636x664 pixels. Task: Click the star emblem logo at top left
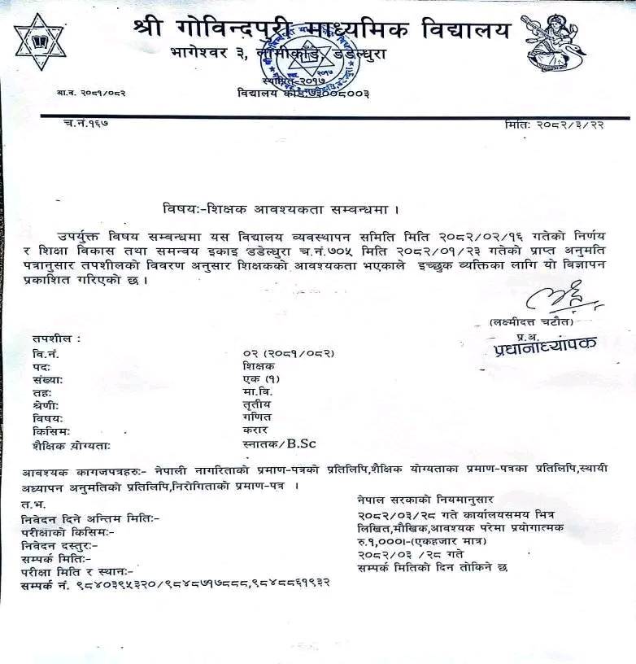tap(39, 41)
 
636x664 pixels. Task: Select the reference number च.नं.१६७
tap(85, 124)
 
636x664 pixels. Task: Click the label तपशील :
tap(56, 336)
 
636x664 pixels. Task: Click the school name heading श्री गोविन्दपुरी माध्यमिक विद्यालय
tap(321, 29)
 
